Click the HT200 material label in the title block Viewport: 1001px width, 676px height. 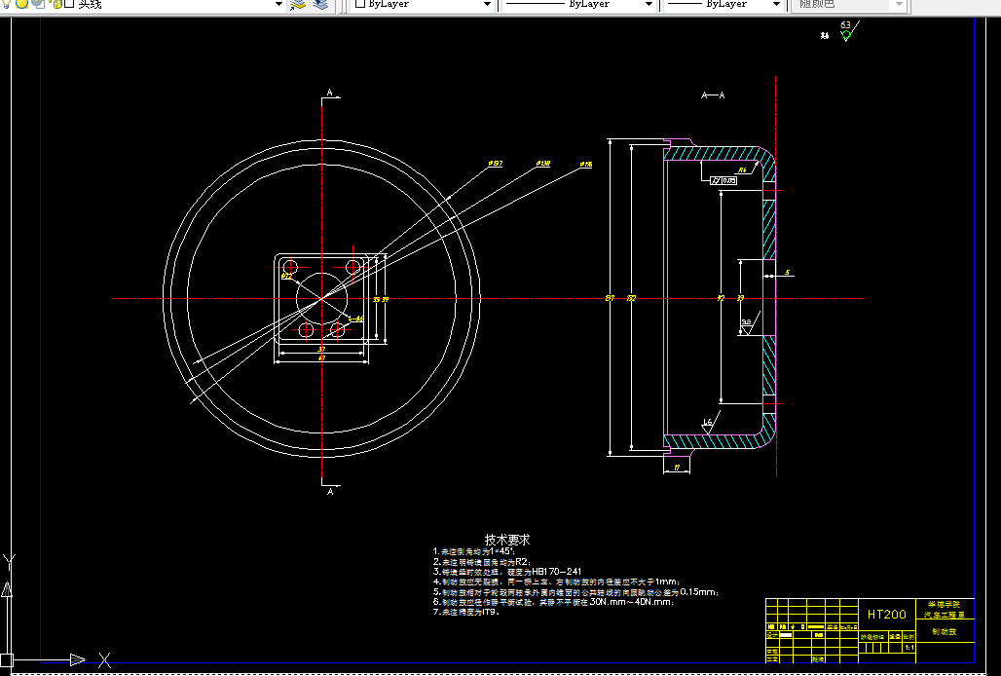pyautogui.click(x=886, y=614)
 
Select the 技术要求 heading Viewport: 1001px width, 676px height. pyautogui.click(x=507, y=539)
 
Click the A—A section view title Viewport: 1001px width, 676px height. pyautogui.click(x=713, y=95)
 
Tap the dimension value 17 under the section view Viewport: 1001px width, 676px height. pyautogui.click(x=677, y=469)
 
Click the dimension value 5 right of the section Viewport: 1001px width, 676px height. pyautogui.click(x=787, y=273)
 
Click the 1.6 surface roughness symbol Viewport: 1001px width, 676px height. pyautogui.click(x=707, y=423)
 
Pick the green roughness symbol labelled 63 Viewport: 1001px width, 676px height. pyautogui.click(x=845, y=32)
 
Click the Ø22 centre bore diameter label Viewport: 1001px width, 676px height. pyautogui.click(x=286, y=277)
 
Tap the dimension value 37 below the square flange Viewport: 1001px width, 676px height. pyautogui.click(x=321, y=348)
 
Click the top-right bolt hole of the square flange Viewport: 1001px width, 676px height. pyautogui.click(x=352, y=266)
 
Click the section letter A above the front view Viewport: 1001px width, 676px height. pyautogui.click(x=330, y=93)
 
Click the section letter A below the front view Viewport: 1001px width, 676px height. pyautogui.click(x=330, y=493)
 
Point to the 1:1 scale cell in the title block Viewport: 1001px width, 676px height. pyautogui.click(x=909, y=647)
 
